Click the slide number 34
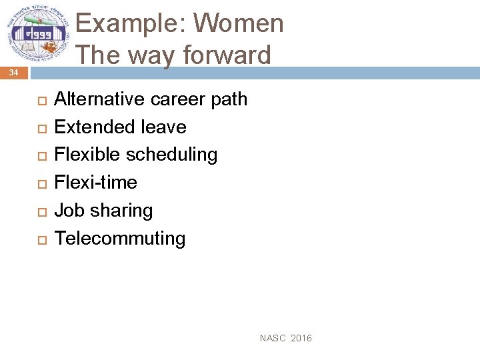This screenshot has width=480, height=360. click(x=14, y=73)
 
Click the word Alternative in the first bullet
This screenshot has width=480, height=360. click(x=99, y=99)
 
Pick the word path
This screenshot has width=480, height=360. click(x=229, y=99)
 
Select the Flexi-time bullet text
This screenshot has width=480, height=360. click(x=95, y=183)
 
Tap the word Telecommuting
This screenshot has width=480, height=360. click(x=120, y=239)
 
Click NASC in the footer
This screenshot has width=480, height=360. click(x=272, y=339)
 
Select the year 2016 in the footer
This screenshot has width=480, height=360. click(x=301, y=339)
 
